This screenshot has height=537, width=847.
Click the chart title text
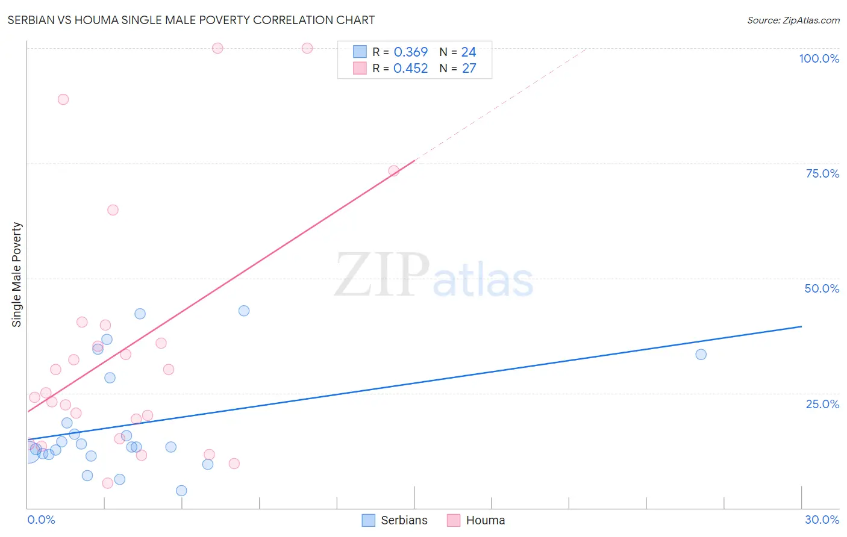click(191, 20)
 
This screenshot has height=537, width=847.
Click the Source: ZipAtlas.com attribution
click(793, 20)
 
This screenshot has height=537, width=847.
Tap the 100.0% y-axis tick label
click(819, 58)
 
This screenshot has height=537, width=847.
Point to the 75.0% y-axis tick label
click(822, 173)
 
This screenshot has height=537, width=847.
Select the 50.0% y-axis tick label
click(822, 288)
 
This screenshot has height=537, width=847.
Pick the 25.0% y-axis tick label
click(822, 403)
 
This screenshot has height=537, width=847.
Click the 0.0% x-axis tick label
click(41, 520)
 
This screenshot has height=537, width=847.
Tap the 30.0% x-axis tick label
click(822, 520)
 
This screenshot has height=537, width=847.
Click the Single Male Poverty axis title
click(17, 275)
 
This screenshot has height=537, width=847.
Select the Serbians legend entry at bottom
click(395, 520)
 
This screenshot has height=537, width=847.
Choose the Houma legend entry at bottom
click(477, 520)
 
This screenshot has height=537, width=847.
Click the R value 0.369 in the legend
click(410, 52)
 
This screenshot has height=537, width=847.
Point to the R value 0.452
click(410, 69)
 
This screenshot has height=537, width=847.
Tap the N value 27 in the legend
click(469, 69)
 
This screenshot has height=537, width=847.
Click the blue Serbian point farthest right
click(701, 355)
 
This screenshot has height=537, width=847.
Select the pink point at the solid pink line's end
click(393, 171)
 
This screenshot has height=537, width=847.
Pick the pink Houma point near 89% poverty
click(63, 99)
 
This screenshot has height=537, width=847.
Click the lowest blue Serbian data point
click(181, 491)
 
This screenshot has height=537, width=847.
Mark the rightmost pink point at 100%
click(307, 48)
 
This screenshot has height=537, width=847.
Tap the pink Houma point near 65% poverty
click(113, 210)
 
